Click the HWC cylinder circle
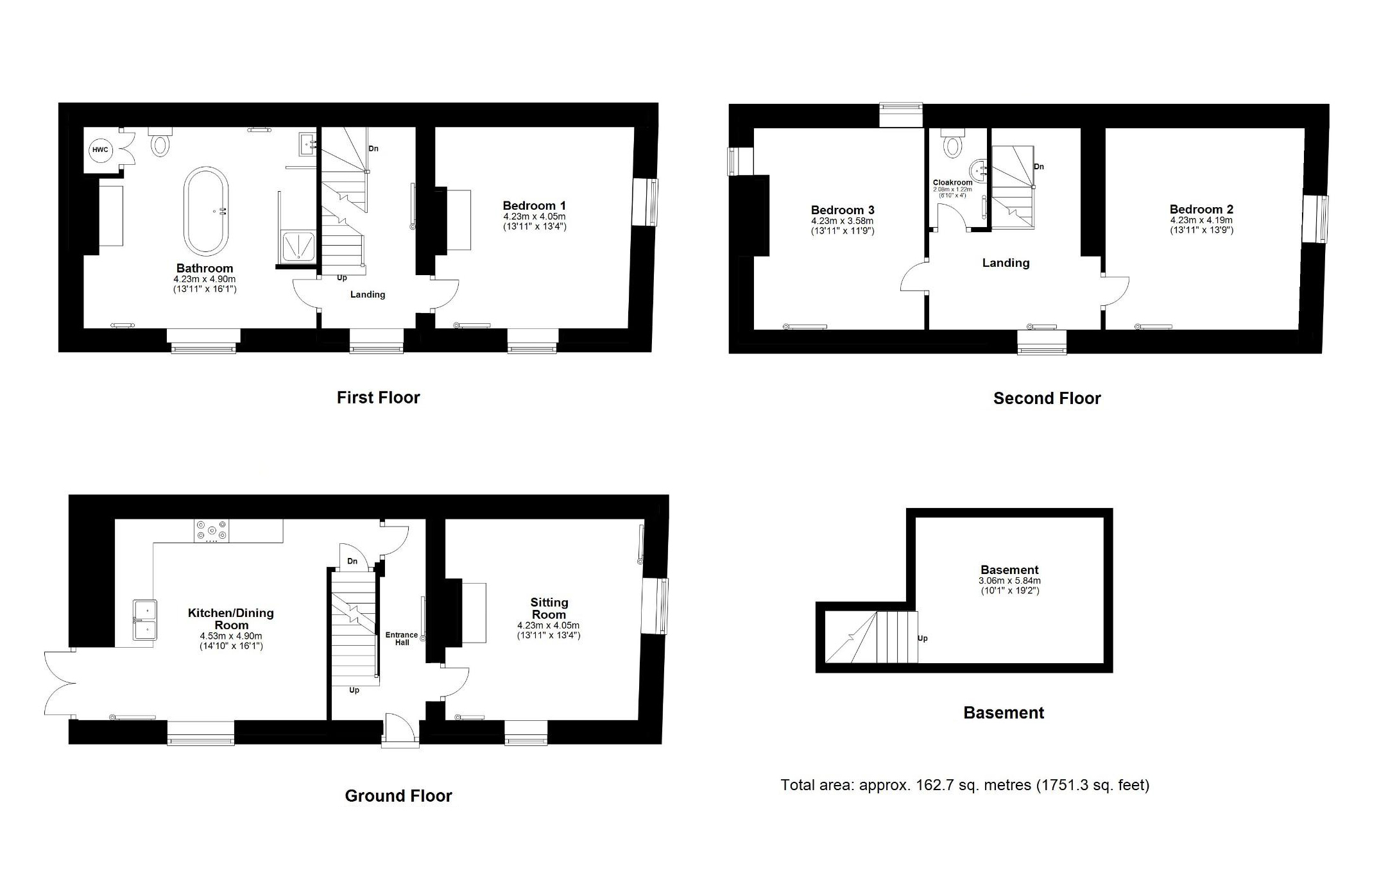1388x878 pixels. coord(100,150)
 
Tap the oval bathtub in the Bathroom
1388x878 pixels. coord(205,212)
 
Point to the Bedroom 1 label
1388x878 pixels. coord(534,206)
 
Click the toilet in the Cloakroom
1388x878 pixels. coord(953,144)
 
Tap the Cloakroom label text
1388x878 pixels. coord(952,182)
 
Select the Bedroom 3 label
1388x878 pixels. coord(843,210)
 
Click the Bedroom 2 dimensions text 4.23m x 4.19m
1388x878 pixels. coord(1201,220)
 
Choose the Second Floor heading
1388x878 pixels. coord(1047,398)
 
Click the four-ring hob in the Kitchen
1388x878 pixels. coord(212,531)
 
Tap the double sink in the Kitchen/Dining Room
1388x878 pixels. coord(145,620)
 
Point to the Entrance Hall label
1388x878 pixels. coord(402,639)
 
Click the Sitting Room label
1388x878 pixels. coord(549,608)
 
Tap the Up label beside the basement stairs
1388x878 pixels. coord(923,639)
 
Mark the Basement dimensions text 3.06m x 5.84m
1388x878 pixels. coord(1009,581)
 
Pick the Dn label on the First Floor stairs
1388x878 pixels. coord(373,149)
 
